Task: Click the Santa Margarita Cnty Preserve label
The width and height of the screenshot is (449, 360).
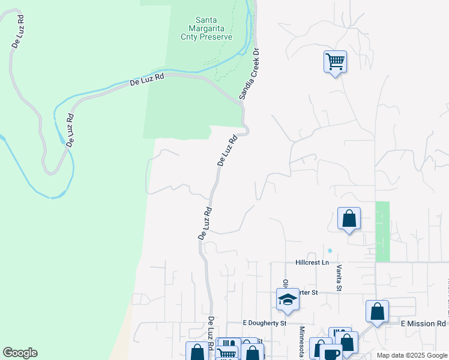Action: click(x=206, y=28)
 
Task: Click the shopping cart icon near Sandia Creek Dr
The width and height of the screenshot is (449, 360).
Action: click(x=335, y=61)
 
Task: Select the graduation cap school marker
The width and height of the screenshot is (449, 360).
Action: click(x=288, y=299)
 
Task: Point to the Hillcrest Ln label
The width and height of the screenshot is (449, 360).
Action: click(x=312, y=263)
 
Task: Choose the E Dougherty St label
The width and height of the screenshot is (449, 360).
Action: click(x=264, y=323)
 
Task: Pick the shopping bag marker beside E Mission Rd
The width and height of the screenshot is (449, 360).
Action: click(x=377, y=311)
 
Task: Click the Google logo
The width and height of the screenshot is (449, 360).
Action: click(x=20, y=353)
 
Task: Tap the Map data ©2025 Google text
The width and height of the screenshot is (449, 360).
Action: click(x=412, y=355)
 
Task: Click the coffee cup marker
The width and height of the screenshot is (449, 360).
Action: click(x=330, y=353)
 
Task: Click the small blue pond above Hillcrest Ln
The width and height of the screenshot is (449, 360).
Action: click(x=330, y=251)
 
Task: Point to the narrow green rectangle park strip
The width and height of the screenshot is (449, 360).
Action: click(x=382, y=231)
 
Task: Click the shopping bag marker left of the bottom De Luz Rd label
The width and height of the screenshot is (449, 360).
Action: click(x=196, y=353)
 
